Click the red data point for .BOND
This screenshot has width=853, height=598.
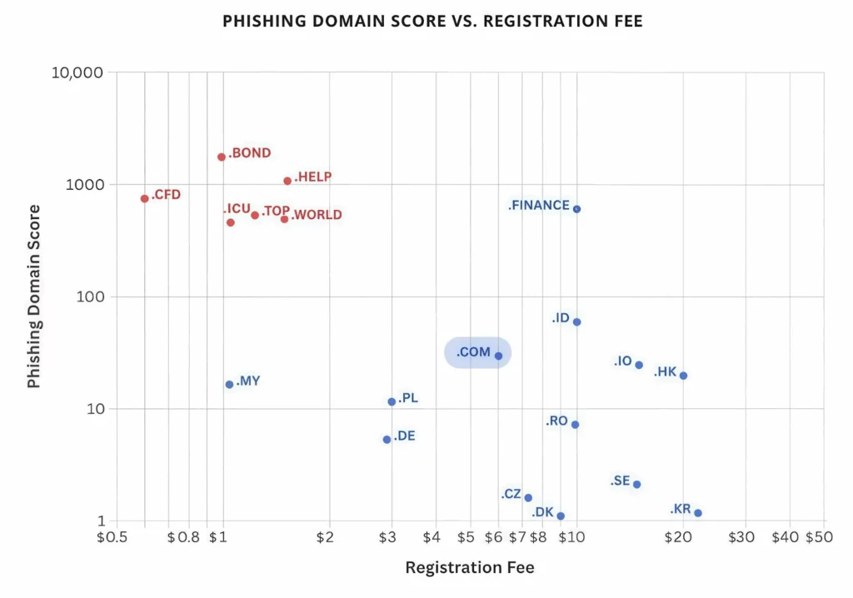[x=222, y=157]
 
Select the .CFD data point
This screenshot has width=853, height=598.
[x=145, y=198]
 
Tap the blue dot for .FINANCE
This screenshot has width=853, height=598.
[x=576, y=209]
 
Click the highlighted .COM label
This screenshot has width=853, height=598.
[x=473, y=352]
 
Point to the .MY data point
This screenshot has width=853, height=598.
[x=229, y=384]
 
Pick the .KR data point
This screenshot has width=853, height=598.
[x=698, y=513]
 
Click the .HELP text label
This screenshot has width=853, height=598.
[x=313, y=177]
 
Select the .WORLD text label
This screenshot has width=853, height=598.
[x=317, y=215]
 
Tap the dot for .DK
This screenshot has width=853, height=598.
[x=561, y=516]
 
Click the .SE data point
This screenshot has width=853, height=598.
[x=636, y=484]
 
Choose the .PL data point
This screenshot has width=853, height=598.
[x=392, y=401]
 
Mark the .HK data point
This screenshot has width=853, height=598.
[x=683, y=376]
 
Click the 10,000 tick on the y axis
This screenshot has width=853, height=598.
[x=77, y=72]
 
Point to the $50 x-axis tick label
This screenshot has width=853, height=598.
[x=819, y=537]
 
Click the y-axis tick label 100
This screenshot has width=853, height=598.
[x=89, y=297]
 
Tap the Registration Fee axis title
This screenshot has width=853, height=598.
[x=470, y=568]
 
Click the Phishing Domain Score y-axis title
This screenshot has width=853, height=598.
[x=34, y=297]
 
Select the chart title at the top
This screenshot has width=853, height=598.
[x=432, y=22]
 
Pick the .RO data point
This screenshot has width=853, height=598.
[x=575, y=425]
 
